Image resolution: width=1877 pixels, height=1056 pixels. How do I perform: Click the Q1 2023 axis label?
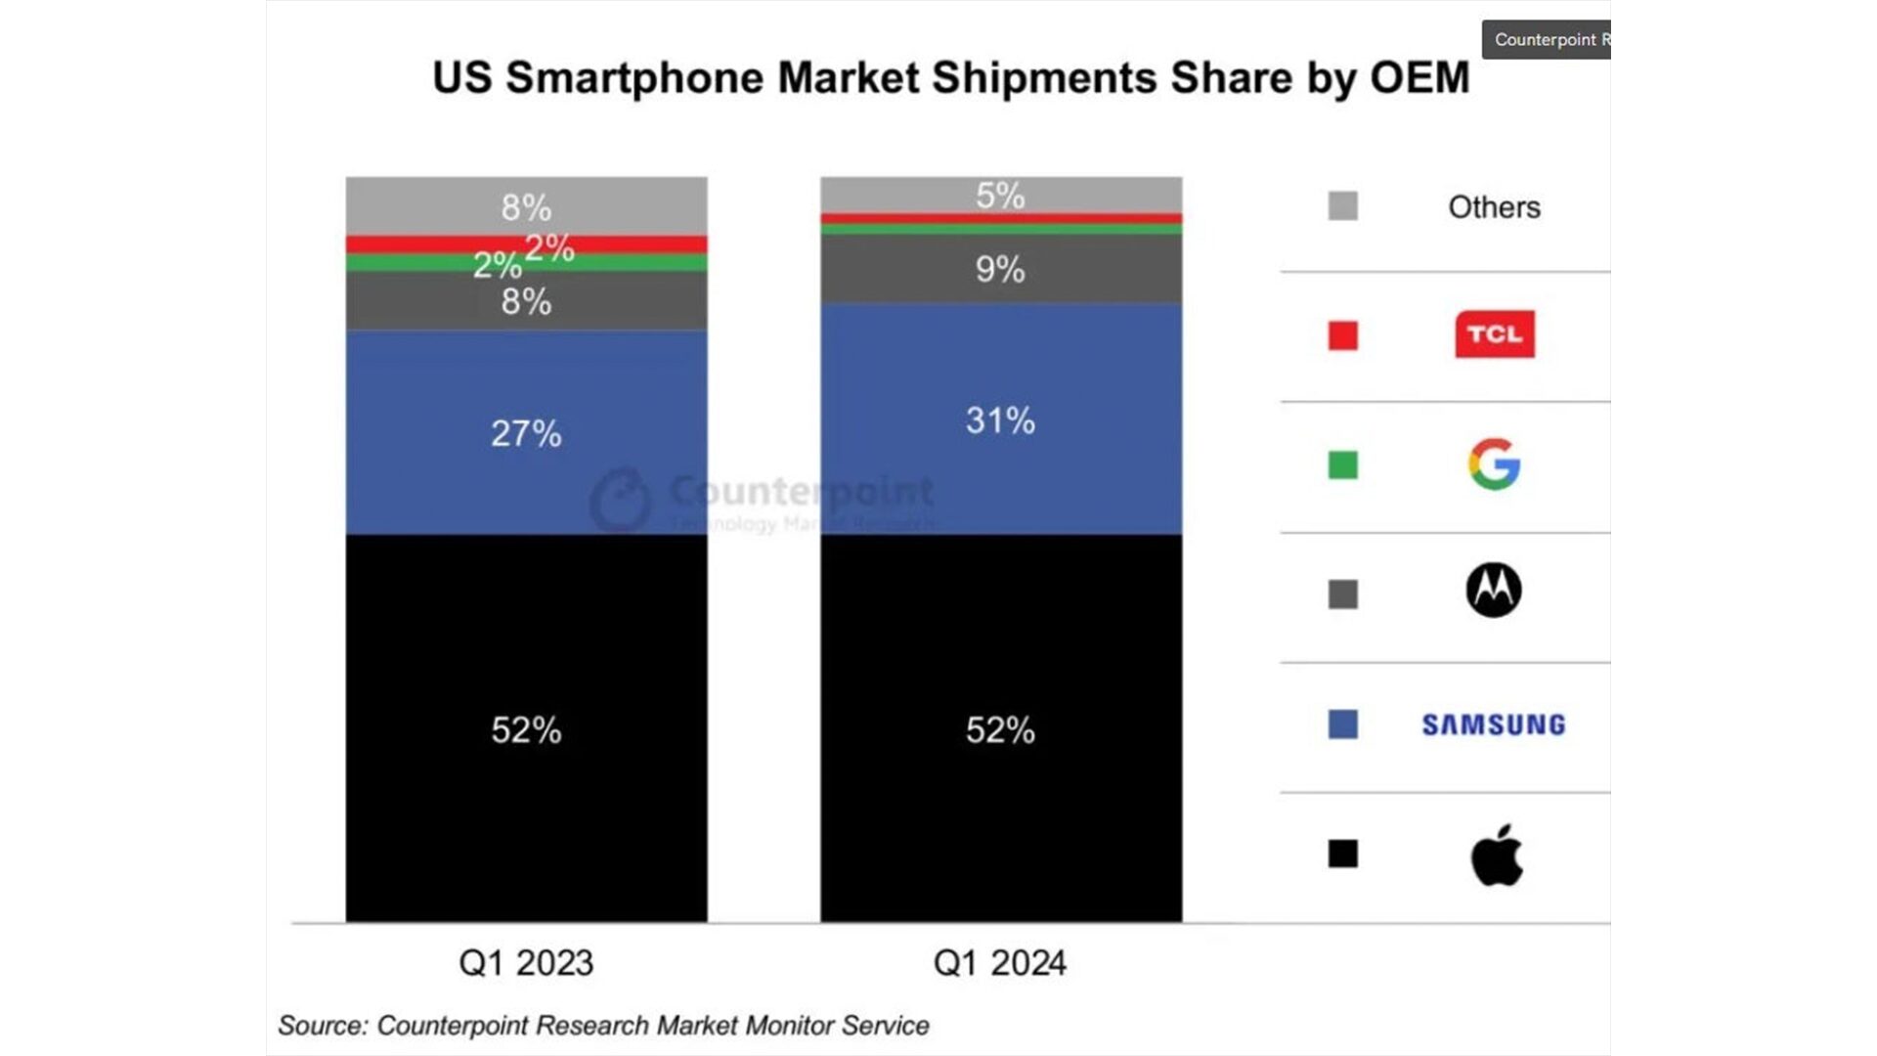[x=526, y=963]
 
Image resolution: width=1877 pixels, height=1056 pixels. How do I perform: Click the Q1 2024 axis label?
[x=1000, y=963]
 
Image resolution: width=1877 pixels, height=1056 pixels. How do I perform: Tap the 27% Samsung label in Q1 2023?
[x=526, y=433]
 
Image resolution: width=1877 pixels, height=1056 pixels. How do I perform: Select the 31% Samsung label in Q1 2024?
[x=1000, y=420]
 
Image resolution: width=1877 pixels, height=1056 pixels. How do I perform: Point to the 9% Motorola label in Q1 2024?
[x=1000, y=269]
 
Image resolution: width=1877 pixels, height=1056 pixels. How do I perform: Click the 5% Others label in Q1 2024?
[x=1000, y=196]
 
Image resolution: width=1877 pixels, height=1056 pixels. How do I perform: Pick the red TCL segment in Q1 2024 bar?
[x=1000, y=218]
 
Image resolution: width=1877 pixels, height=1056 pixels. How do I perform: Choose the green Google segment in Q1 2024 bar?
[x=1000, y=229]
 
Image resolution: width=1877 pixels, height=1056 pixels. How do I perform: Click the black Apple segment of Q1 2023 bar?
[x=526, y=728]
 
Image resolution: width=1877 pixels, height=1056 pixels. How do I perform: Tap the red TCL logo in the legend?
[x=1495, y=334]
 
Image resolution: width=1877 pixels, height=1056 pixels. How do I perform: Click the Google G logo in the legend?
[x=1494, y=464]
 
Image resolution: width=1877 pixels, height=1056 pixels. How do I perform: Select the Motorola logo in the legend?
[x=1494, y=590]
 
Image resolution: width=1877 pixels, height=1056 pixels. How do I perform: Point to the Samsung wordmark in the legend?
[x=1494, y=725]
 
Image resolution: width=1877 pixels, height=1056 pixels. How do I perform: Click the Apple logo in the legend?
[x=1497, y=856]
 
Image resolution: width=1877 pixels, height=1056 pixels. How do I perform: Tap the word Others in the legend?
[x=1494, y=207]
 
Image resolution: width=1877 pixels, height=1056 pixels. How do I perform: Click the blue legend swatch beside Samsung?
[x=1343, y=725]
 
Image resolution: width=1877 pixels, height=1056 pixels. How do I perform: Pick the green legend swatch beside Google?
[x=1343, y=464]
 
